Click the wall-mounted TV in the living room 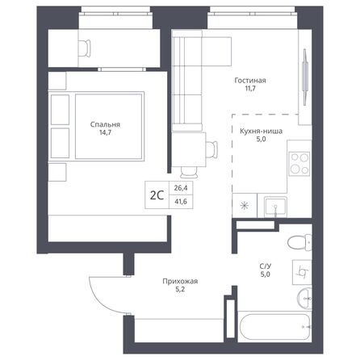(x=305, y=73)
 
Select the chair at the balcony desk (x=82, y=48)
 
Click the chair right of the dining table (x=211, y=149)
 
